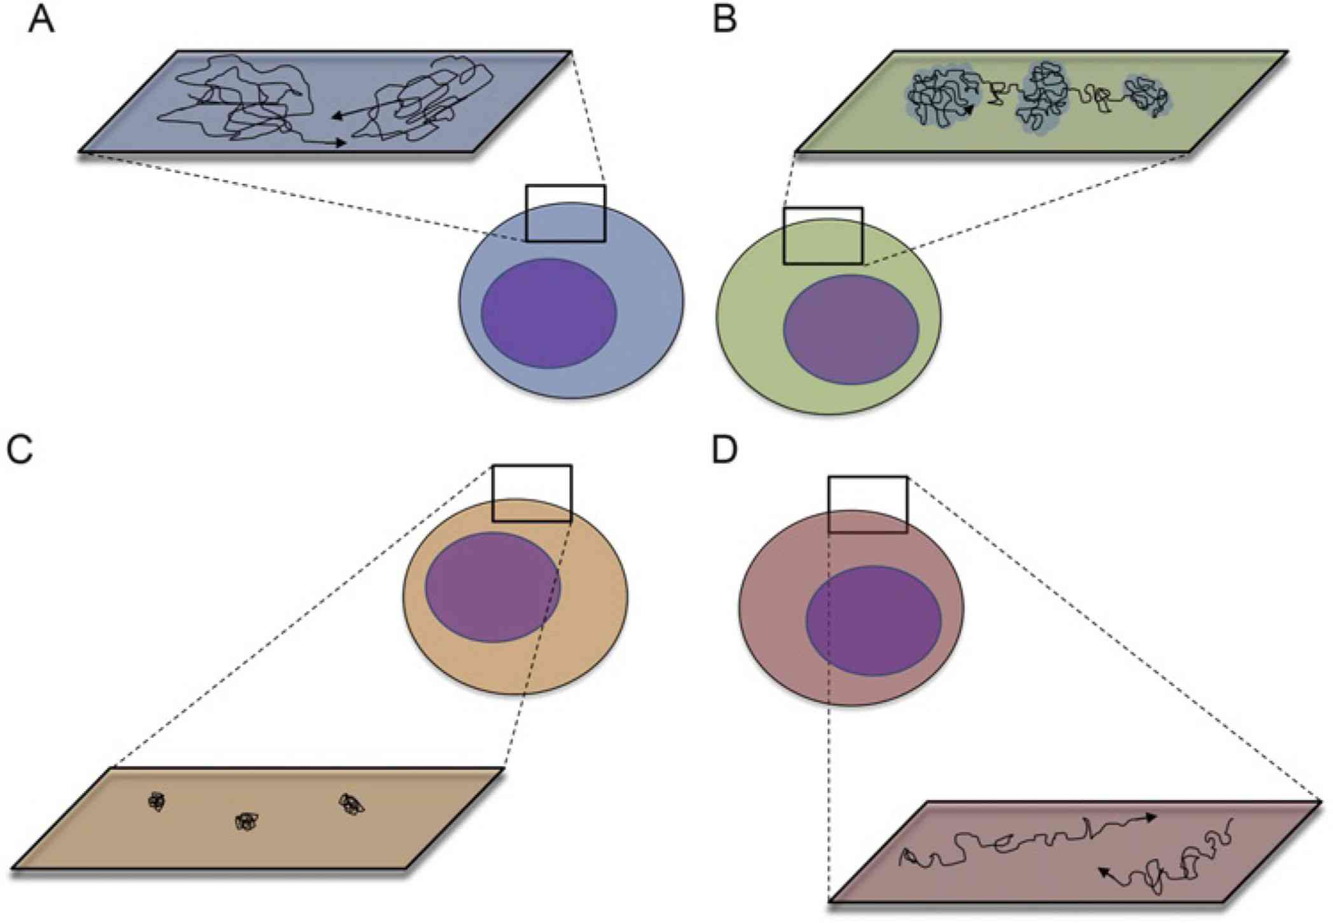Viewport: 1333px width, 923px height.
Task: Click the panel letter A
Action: point(41,20)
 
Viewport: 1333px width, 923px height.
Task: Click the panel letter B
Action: point(725,20)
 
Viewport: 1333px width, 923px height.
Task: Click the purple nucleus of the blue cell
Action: point(549,313)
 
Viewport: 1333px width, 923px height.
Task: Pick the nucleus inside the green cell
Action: point(851,330)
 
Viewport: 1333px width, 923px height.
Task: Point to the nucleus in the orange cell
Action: point(493,587)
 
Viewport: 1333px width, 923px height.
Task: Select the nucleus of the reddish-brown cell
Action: point(873,620)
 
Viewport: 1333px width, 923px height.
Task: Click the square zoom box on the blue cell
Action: point(565,213)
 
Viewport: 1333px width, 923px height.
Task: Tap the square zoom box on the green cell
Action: point(823,235)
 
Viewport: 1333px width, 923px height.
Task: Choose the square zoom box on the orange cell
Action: point(532,493)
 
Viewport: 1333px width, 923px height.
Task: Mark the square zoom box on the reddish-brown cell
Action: point(867,504)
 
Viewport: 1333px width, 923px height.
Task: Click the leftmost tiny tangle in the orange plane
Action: point(156,802)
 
